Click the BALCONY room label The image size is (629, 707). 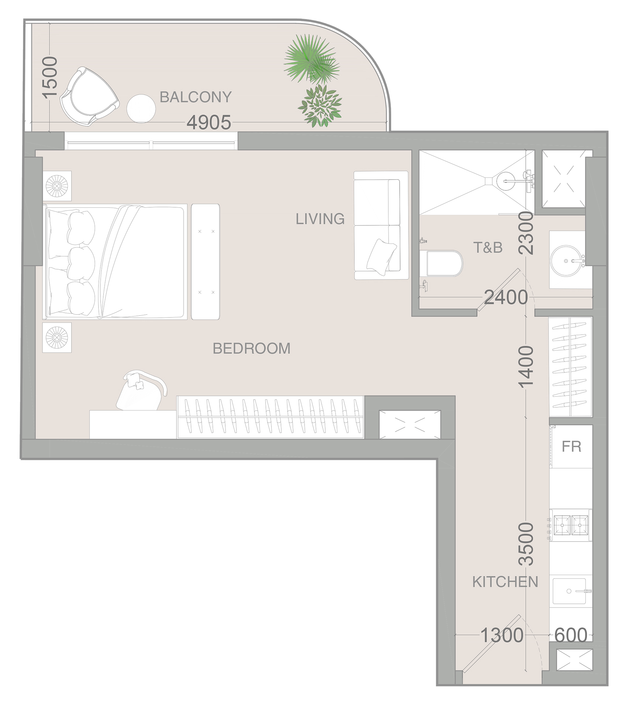195,97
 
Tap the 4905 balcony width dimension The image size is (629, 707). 209,122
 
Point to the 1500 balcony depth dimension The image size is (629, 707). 50,77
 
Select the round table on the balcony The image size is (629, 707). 141,109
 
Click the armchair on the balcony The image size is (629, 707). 90,96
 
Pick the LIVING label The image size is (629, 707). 320,219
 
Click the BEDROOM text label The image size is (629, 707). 251,348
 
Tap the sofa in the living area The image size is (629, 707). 381,225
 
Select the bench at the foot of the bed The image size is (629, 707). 205,262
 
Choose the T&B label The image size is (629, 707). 488,248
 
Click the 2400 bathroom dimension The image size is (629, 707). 506,297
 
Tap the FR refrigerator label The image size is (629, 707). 571,447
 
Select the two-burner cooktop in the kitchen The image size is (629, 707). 571,525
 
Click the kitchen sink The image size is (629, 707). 569,591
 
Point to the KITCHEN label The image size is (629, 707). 505,582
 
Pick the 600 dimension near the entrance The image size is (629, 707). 571,635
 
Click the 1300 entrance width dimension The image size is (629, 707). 502,635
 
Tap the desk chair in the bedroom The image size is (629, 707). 141,390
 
